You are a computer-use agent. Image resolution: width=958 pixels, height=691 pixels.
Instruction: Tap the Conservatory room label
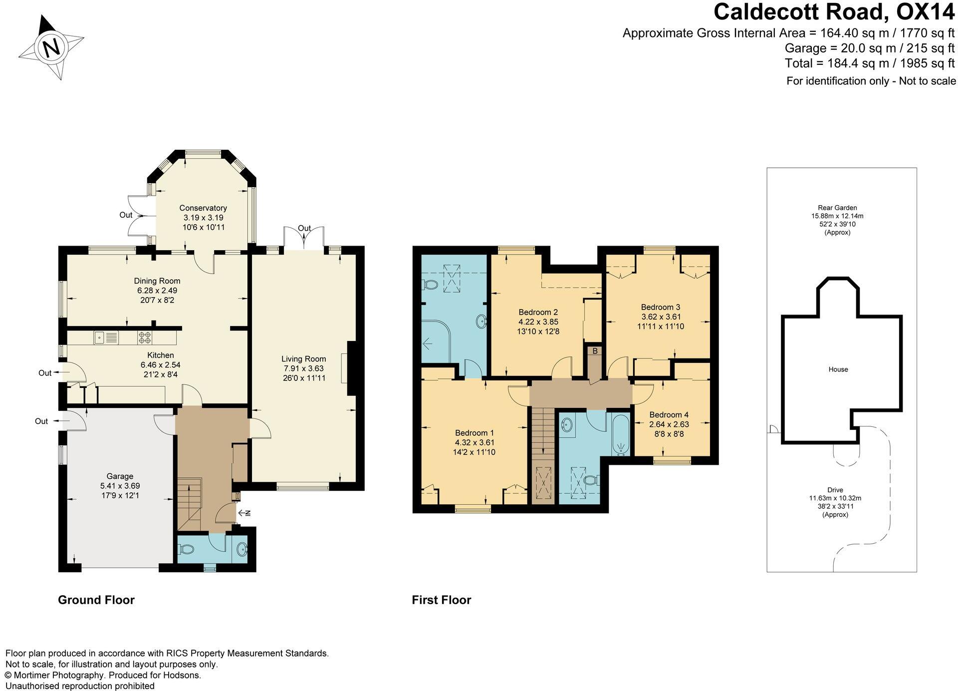click(203, 208)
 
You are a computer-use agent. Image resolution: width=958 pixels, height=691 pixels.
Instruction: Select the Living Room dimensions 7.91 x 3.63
click(303, 368)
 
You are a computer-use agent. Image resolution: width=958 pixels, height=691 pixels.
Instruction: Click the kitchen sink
click(105, 338)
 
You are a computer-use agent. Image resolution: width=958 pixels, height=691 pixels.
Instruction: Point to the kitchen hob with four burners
click(145, 338)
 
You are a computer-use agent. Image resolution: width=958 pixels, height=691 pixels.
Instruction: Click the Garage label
click(120, 476)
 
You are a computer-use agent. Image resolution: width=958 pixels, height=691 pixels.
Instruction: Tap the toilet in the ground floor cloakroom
click(187, 549)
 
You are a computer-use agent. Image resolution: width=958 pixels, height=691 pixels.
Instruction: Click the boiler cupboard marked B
click(595, 351)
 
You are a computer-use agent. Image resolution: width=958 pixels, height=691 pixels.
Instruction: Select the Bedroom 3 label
click(660, 307)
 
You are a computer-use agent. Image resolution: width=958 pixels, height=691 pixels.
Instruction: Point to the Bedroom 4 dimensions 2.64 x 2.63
click(669, 424)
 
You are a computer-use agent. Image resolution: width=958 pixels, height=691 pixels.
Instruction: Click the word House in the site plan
click(838, 369)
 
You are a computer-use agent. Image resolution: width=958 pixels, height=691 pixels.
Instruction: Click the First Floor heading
click(441, 600)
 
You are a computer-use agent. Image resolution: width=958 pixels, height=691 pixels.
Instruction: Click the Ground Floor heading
click(96, 600)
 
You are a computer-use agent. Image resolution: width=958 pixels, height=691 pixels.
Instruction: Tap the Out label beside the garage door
click(41, 421)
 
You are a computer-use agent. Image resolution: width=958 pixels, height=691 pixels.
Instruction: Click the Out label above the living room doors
click(304, 228)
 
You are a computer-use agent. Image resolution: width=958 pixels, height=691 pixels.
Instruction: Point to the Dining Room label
click(157, 281)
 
